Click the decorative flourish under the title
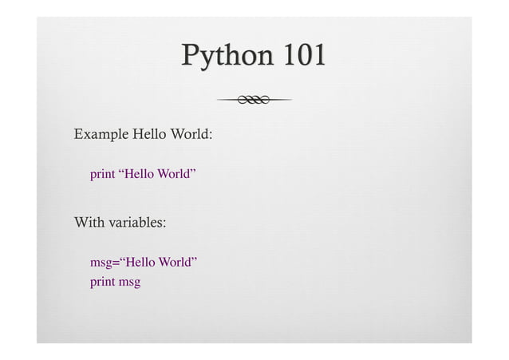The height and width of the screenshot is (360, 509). coord(254,99)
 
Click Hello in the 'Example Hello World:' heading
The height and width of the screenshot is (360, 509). coord(149,133)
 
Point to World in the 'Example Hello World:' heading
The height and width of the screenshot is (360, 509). coord(191,133)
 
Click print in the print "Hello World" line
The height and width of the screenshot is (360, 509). coord(101,174)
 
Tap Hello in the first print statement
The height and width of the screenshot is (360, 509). coord(139,173)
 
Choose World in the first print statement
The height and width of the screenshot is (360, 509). coord(174,173)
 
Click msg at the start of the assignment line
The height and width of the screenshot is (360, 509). coord(101,263)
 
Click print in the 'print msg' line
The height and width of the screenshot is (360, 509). coord(101,283)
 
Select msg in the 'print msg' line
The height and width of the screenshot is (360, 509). coord(129,283)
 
